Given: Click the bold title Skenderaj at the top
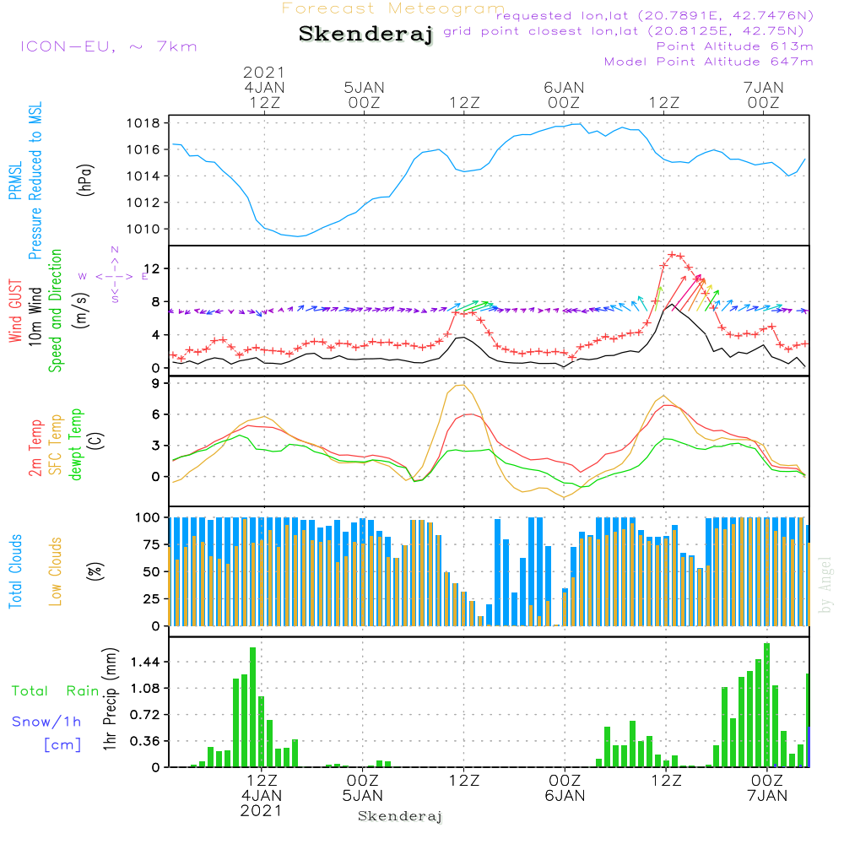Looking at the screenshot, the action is (x=365, y=34).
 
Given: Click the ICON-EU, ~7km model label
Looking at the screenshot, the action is (x=109, y=46).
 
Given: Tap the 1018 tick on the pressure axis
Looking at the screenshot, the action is (x=143, y=123).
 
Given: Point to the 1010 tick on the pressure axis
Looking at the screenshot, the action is (x=143, y=230).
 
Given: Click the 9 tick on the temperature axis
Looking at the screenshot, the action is (x=155, y=383).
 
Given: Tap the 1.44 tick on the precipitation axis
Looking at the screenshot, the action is (x=145, y=662).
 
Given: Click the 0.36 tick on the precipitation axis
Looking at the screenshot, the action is (x=145, y=741).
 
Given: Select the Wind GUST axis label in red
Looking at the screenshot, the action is (x=15, y=311).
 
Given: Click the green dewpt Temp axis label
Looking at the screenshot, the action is (x=76, y=444).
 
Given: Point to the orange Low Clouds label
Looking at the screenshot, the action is (x=56, y=571).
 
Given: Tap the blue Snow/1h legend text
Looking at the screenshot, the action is (x=46, y=722).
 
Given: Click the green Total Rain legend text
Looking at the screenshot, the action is (x=56, y=691).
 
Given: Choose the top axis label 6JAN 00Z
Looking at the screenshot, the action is (x=564, y=95).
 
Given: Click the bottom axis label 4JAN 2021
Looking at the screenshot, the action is (x=261, y=803).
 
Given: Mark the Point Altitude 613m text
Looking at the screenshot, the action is (x=735, y=46).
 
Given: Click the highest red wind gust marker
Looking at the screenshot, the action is (x=671, y=255).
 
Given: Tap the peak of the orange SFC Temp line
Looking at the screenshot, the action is (x=460, y=386).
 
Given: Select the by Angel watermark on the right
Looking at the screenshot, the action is (x=825, y=585).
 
